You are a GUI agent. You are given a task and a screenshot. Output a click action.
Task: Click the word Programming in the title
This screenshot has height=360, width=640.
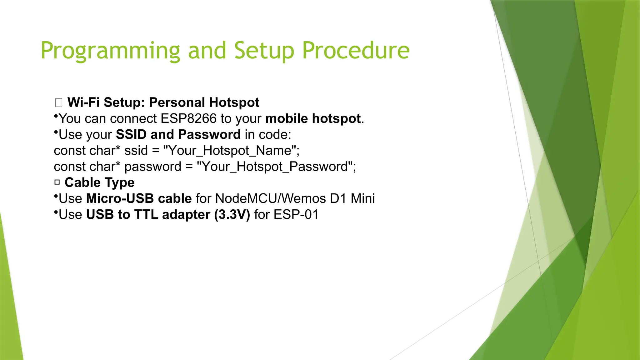(x=110, y=51)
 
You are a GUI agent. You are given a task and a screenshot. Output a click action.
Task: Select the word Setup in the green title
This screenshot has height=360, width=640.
(x=264, y=51)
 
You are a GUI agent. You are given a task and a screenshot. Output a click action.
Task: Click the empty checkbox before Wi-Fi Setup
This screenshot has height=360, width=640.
(x=58, y=103)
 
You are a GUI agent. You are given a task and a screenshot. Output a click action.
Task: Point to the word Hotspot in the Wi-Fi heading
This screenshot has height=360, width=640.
(x=234, y=102)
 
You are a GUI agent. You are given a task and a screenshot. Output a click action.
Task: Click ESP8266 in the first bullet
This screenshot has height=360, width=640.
(x=188, y=119)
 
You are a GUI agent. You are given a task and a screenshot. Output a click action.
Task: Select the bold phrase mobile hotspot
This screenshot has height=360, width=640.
(x=313, y=119)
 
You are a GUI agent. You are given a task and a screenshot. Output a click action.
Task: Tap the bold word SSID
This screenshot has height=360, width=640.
(x=131, y=135)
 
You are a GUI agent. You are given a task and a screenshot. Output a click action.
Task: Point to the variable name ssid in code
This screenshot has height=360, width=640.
(x=136, y=151)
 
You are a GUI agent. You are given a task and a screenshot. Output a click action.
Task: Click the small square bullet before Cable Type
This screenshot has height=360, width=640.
(x=57, y=182)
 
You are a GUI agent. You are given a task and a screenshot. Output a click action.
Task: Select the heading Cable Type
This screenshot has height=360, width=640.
(x=99, y=183)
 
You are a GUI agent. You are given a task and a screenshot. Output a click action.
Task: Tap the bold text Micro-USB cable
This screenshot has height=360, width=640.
(x=139, y=199)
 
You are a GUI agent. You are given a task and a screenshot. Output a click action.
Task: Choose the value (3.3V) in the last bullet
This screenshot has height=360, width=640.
(x=232, y=215)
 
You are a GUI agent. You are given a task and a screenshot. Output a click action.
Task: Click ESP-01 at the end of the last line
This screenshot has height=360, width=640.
(x=296, y=215)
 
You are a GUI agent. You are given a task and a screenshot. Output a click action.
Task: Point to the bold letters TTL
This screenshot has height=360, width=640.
(x=146, y=215)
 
